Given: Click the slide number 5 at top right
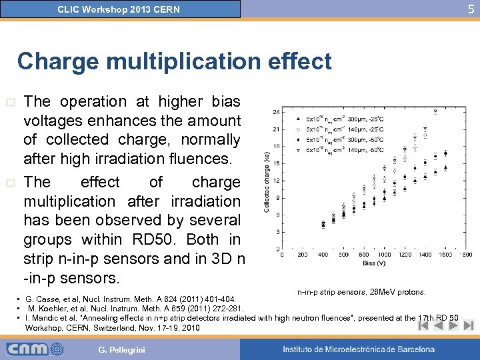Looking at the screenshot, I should (x=471, y=9).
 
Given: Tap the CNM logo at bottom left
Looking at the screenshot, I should (x=35, y=349).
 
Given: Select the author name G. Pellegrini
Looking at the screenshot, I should (x=121, y=349).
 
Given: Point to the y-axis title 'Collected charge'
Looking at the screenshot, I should (x=267, y=179).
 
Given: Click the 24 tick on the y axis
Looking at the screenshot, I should (x=276, y=111).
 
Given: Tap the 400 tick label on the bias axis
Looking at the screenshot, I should (x=323, y=255).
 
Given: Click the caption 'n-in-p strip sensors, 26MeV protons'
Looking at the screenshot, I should (x=361, y=292).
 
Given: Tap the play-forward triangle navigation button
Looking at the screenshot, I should (x=453, y=326).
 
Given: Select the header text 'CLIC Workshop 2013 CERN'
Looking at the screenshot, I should (x=119, y=9).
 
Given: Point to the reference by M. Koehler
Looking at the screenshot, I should (x=136, y=308).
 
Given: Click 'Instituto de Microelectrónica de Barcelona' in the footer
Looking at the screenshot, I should (x=358, y=349).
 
